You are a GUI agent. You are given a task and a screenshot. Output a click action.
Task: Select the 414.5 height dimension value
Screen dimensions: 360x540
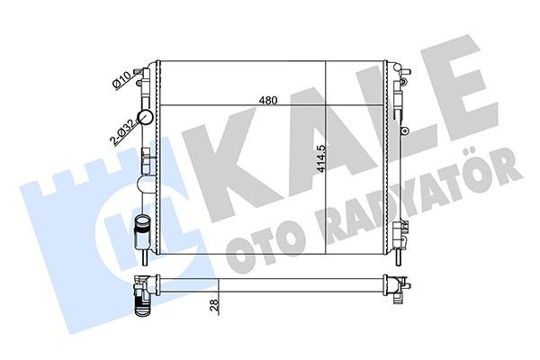(x=333, y=160)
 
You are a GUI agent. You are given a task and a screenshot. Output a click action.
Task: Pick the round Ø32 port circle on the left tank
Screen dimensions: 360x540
(x=144, y=184)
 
